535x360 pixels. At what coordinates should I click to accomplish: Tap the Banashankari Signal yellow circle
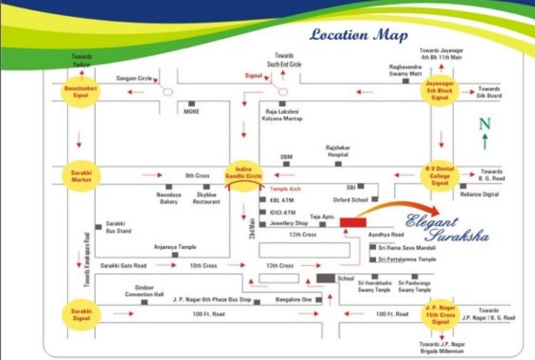coord(80,93)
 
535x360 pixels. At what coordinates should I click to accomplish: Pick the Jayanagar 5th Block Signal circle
coord(440,92)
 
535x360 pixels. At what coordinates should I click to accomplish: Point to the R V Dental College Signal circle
coord(440,175)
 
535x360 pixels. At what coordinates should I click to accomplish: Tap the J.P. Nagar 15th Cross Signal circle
coord(441,314)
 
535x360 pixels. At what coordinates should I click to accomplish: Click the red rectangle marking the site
coord(353,223)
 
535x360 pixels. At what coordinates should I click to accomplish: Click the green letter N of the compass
coord(484,124)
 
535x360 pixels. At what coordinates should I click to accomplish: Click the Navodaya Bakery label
coord(168,197)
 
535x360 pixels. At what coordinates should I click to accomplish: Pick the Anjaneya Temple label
coord(175,247)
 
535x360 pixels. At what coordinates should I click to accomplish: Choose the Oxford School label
coord(351,200)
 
